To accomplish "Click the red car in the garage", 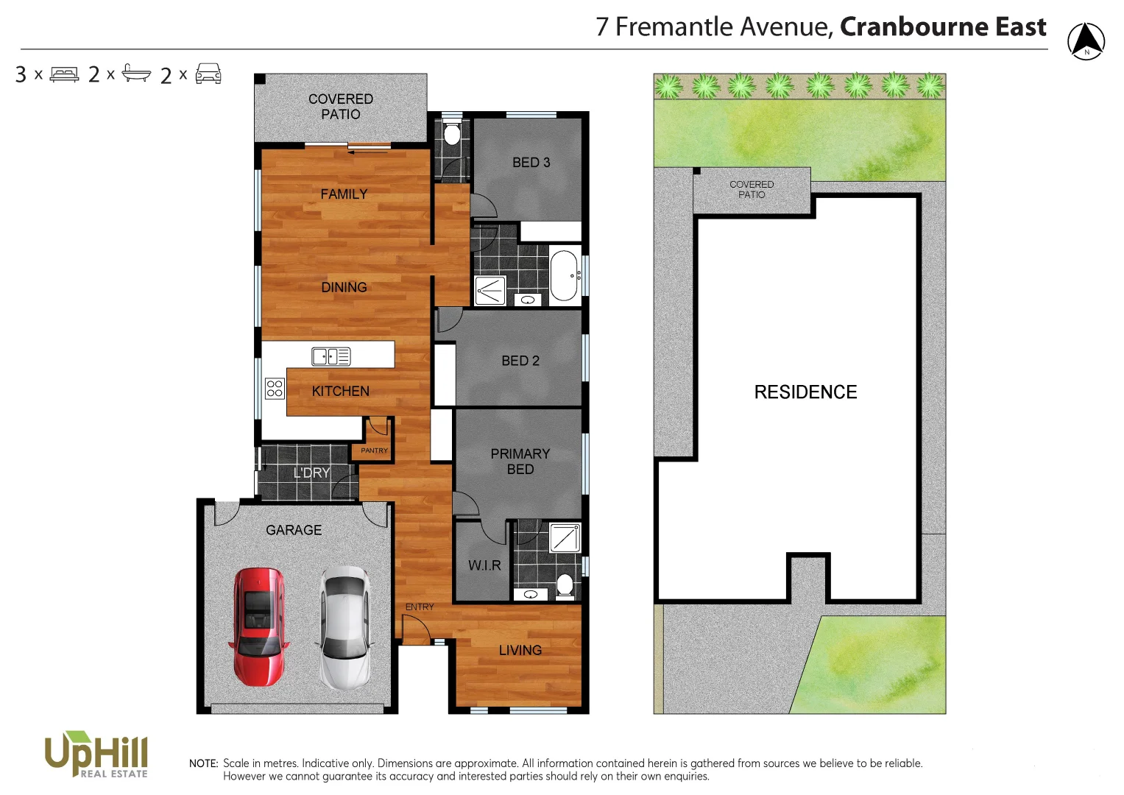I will click(258, 626).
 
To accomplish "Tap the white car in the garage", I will click(344, 627).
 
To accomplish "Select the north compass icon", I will click(1086, 41).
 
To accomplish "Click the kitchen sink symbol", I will click(331, 356).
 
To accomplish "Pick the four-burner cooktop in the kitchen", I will click(275, 388).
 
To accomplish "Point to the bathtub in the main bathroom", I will click(564, 275).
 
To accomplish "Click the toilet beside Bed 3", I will click(452, 135).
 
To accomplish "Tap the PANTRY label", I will click(374, 451).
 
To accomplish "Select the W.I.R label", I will click(484, 565).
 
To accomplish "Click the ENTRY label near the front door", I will click(420, 607).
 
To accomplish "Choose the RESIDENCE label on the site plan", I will click(805, 392).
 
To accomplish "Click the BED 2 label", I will click(520, 361).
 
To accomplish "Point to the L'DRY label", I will click(311, 473).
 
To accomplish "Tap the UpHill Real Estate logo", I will click(96, 754).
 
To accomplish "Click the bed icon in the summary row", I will click(64, 74).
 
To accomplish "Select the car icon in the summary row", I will click(208, 74).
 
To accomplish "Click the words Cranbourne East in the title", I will click(943, 26).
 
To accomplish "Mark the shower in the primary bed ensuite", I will click(565, 537).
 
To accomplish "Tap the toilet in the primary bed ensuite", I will click(565, 585).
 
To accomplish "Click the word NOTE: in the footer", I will click(203, 763).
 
